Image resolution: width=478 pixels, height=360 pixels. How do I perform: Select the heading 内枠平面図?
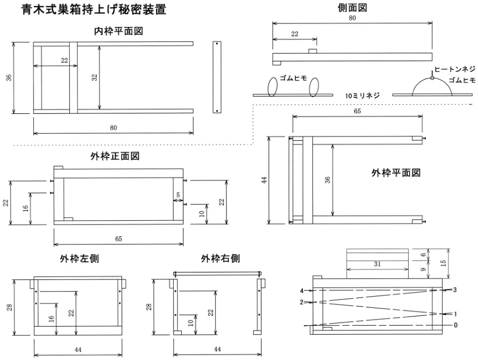119,31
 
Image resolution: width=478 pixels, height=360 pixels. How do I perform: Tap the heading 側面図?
352,8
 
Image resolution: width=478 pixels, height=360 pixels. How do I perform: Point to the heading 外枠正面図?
115,156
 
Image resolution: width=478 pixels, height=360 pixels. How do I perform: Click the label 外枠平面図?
396,172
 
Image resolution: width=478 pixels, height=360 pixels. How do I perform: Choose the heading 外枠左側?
79,258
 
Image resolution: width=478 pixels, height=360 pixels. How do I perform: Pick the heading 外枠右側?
220,258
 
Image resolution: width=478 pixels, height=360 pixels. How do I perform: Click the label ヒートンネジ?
454,69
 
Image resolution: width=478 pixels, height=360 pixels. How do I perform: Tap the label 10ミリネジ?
362,96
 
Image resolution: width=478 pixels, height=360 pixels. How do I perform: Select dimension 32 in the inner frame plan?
95,77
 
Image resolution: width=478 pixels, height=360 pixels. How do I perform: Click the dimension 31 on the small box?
377,264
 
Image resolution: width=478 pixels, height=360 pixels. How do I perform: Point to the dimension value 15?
443,262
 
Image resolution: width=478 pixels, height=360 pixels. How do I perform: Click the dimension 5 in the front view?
178,195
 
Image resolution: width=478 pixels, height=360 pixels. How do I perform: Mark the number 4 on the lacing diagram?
302,291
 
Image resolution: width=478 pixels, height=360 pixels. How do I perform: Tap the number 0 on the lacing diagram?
455,325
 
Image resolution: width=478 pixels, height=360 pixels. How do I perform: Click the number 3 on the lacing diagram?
455,290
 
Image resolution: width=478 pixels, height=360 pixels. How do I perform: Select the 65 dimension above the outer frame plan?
357,111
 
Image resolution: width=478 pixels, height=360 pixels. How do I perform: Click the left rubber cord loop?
273,87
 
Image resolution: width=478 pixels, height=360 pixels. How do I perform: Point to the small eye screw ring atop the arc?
432,78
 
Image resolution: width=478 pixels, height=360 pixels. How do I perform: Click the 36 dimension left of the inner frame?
10,78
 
